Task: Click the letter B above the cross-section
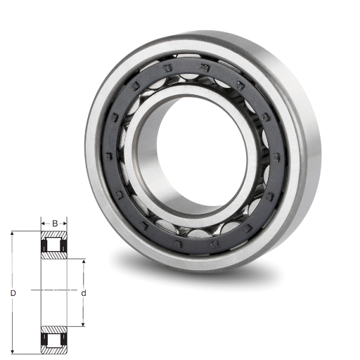pos(55,224)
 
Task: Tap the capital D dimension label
pos(13,293)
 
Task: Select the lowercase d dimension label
pos(84,293)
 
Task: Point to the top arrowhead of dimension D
pos(13,233)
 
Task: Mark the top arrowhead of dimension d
pos(83,262)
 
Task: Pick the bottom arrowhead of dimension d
pos(83,324)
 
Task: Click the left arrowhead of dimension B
pos(44,224)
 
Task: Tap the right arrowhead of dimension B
pos(65,224)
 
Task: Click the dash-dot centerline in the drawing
pos(54,290)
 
